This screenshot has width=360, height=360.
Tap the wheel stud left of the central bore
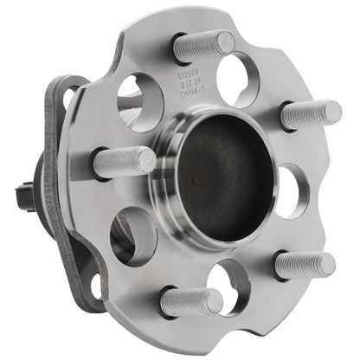tap(123, 162)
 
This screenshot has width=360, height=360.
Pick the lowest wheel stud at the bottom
tap(190, 302)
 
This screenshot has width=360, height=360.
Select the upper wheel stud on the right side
tap(309, 114)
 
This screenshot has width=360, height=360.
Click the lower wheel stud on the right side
tap(305, 265)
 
